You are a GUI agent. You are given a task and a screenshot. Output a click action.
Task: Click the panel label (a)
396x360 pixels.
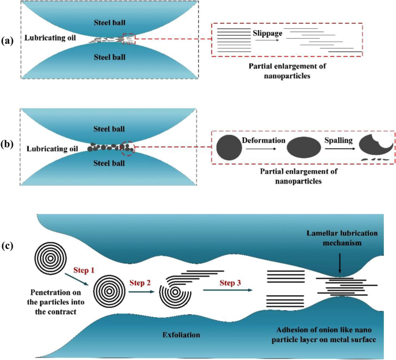coord(8,40)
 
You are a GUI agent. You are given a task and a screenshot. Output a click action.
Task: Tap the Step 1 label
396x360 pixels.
coord(84,270)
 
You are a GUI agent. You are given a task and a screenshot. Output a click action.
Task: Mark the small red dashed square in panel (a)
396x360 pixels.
coord(129,39)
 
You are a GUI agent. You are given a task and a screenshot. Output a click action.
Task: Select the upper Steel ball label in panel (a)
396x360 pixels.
coord(109,23)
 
